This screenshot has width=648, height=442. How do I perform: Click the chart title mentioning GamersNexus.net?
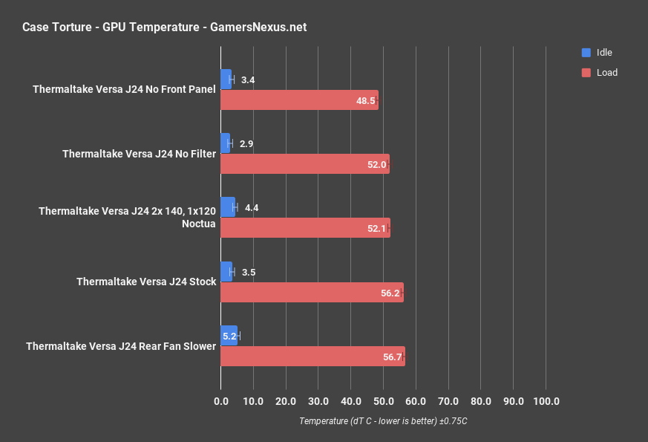(164, 27)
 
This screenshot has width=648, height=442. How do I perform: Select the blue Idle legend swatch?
(586, 53)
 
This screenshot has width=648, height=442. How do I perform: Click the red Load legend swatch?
(586, 73)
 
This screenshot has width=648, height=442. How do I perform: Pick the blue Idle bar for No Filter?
(226, 143)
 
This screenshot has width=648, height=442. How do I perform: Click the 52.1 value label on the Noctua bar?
(376, 229)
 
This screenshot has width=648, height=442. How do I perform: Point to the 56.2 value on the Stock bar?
(390, 293)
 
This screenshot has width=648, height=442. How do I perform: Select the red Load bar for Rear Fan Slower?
(312, 357)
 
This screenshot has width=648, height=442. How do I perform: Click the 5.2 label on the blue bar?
(229, 337)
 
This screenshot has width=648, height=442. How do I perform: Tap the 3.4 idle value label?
(248, 79)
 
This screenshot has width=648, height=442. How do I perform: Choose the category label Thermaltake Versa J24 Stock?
(146, 282)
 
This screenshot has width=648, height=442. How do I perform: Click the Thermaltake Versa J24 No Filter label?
(140, 154)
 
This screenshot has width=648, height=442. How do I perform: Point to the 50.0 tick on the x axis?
(383, 402)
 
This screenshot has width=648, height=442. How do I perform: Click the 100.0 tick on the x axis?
(546, 402)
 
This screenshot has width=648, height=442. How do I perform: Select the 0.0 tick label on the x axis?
(221, 402)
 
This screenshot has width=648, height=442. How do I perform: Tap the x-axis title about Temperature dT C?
(383, 421)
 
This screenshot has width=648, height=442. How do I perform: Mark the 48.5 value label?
(365, 100)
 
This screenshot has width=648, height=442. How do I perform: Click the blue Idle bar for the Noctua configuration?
(228, 207)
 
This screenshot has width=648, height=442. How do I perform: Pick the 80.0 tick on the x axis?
(480, 402)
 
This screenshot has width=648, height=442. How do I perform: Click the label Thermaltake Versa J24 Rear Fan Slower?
(121, 346)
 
